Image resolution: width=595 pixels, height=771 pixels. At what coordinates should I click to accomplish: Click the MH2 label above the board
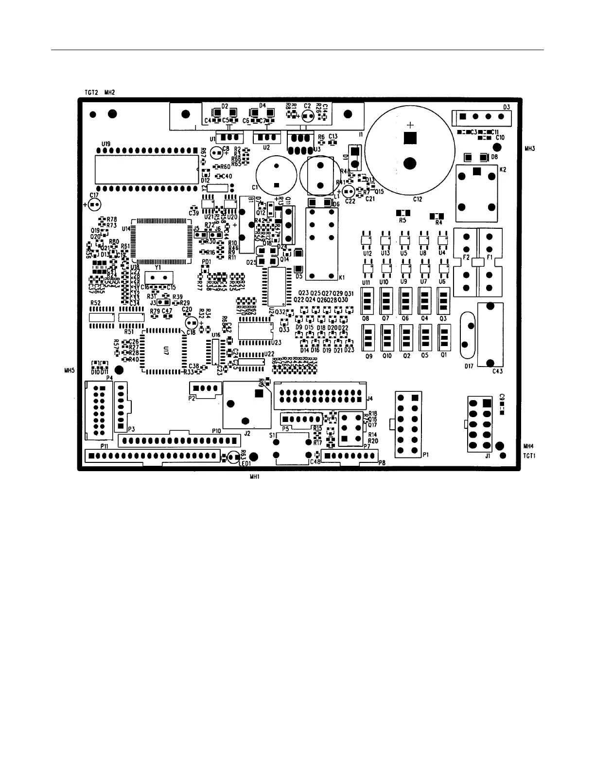[109, 92]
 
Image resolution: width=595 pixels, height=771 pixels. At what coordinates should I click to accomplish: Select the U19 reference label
[106, 144]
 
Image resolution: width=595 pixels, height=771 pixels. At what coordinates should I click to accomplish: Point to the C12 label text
[417, 199]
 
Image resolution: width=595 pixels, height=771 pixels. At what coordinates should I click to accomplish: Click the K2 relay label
[503, 170]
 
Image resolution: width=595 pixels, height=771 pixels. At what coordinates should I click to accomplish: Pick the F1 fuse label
[490, 256]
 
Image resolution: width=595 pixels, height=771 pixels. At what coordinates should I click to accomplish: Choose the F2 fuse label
[466, 256]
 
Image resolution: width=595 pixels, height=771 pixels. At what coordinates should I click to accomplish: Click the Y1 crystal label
[158, 267]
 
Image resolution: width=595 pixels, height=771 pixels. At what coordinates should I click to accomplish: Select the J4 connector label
[369, 399]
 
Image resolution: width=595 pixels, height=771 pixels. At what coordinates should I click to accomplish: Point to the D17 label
[469, 366]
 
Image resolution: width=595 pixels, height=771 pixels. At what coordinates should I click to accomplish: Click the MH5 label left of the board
[69, 370]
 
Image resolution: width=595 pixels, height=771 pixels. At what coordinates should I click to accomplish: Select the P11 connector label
[104, 446]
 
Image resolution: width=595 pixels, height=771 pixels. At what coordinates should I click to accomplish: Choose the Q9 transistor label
[368, 356]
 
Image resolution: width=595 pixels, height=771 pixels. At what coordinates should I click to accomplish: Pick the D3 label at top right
[507, 106]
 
